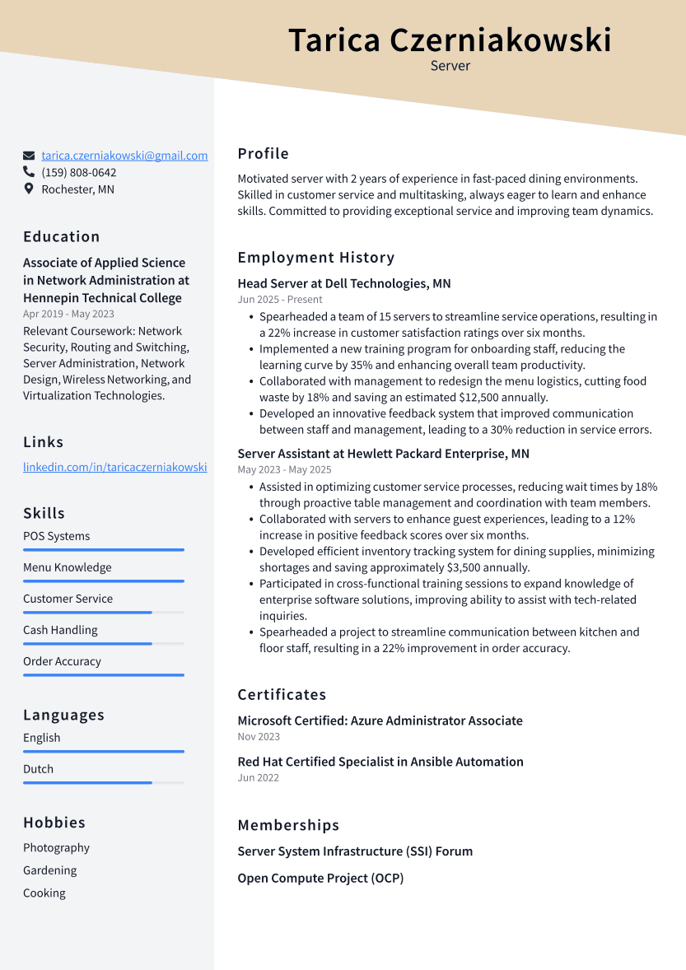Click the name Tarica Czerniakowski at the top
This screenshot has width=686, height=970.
pyautogui.click(x=450, y=40)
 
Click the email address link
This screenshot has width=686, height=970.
pyautogui.click(x=124, y=156)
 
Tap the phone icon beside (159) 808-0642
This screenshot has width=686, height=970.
pyautogui.click(x=29, y=172)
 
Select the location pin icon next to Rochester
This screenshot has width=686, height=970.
pyautogui.click(x=29, y=189)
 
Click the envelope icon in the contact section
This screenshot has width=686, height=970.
pyautogui.click(x=29, y=156)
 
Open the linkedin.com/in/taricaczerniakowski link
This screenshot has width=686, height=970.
pyautogui.click(x=114, y=467)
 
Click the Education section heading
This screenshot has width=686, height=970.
pyautogui.click(x=61, y=236)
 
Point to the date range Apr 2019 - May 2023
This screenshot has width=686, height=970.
pyautogui.click(x=68, y=314)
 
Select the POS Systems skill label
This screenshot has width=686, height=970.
pyautogui.click(x=56, y=536)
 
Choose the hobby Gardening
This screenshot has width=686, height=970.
pyautogui.click(x=49, y=870)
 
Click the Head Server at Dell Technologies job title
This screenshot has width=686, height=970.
pyautogui.click(x=344, y=283)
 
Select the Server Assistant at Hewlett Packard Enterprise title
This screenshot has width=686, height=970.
pyautogui.click(x=383, y=454)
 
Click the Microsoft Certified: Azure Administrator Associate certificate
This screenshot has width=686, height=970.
pyautogui.click(x=380, y=721)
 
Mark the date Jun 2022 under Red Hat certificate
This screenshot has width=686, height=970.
pyautogui.click(x=258, y=778)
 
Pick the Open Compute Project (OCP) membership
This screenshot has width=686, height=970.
pyautogui.click(x=320, y=879)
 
